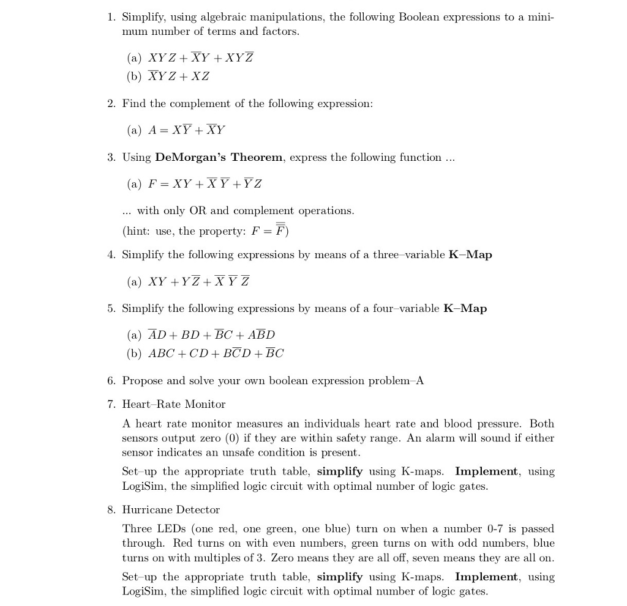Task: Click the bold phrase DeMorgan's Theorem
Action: click(219, 157)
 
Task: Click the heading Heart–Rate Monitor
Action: click(174, 404)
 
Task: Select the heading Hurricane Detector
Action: click(171, 509)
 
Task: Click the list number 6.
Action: click(110, 381)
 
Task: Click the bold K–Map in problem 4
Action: click(470, 254)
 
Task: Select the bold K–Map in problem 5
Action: click(465, 308)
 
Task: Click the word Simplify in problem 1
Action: click(145, 17)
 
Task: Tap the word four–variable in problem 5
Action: click(405, 308)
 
